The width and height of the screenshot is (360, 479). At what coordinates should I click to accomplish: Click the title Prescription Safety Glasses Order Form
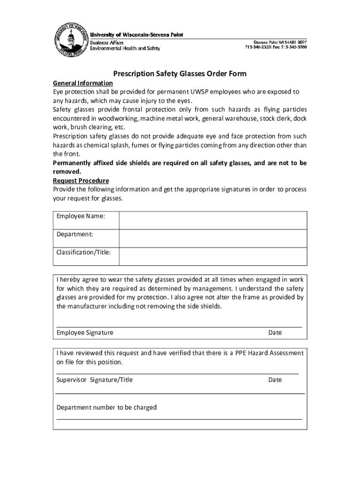coord(180,74)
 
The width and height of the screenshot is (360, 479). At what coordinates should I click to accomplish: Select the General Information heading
coord(82,83)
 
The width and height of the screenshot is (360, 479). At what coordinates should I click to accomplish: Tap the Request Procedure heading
coord(81,181)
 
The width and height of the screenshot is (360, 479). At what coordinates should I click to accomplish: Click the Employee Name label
coord(81,216)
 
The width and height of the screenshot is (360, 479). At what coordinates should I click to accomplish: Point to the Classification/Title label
coord(84,252)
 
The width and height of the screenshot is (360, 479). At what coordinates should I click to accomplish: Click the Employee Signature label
coord(85,333)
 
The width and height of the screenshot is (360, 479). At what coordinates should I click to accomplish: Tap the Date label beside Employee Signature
coord(275,333)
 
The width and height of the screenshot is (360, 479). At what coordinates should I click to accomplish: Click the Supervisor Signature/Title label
coord(95,380)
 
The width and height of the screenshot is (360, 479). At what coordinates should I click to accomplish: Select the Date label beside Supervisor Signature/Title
coord(275,380)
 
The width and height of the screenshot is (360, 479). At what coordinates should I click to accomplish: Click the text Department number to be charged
coord(107,407)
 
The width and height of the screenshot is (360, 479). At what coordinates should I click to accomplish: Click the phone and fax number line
coord(275,48)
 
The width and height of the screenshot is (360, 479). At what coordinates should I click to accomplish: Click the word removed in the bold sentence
coord(65,172)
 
